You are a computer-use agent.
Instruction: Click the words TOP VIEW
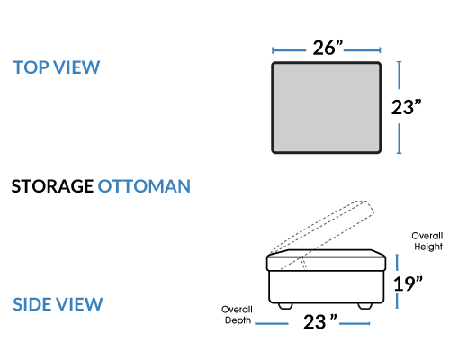(56, 67)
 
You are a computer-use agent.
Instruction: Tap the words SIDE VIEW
(58, 304)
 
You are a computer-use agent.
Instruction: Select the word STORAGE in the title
(52, 186)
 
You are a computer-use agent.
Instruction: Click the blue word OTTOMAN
(144, 186)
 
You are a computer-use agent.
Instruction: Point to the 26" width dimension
(328, 48)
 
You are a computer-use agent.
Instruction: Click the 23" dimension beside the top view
(406, 107)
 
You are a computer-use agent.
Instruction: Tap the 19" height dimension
(408, 283)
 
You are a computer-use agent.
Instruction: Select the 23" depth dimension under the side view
(319, 321)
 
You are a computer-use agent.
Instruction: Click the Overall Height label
(427, 241)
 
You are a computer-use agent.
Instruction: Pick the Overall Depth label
(237, 315)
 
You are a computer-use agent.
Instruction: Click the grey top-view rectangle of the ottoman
(327, 107)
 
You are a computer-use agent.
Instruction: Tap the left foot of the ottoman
(285, 306)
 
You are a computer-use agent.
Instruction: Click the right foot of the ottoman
(364, 306)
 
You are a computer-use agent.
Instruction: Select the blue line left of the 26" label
(289, 50)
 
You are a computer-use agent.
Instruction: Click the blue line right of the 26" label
(363, 50)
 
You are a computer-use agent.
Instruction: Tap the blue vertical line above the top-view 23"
(399, 75)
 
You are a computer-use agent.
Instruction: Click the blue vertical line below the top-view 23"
(399, 139)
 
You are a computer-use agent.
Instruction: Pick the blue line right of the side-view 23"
(355, 323)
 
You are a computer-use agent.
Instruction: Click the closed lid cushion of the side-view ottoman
(327, 260)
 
